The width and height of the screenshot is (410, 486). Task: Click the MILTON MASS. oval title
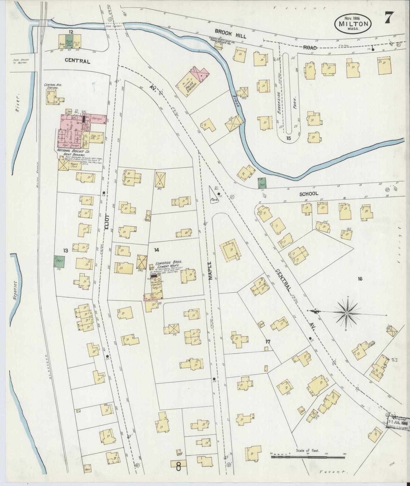[353, 24]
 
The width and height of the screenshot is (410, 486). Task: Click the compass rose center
[346, 313]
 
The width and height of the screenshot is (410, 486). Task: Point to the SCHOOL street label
[309, 194]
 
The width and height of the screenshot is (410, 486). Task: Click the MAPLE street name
[210, 271]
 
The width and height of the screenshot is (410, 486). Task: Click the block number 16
[360, 279]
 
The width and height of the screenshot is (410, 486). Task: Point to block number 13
[66, 251]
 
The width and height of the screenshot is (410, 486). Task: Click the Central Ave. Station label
[51, 86]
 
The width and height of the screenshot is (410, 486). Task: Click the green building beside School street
[262, 183]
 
